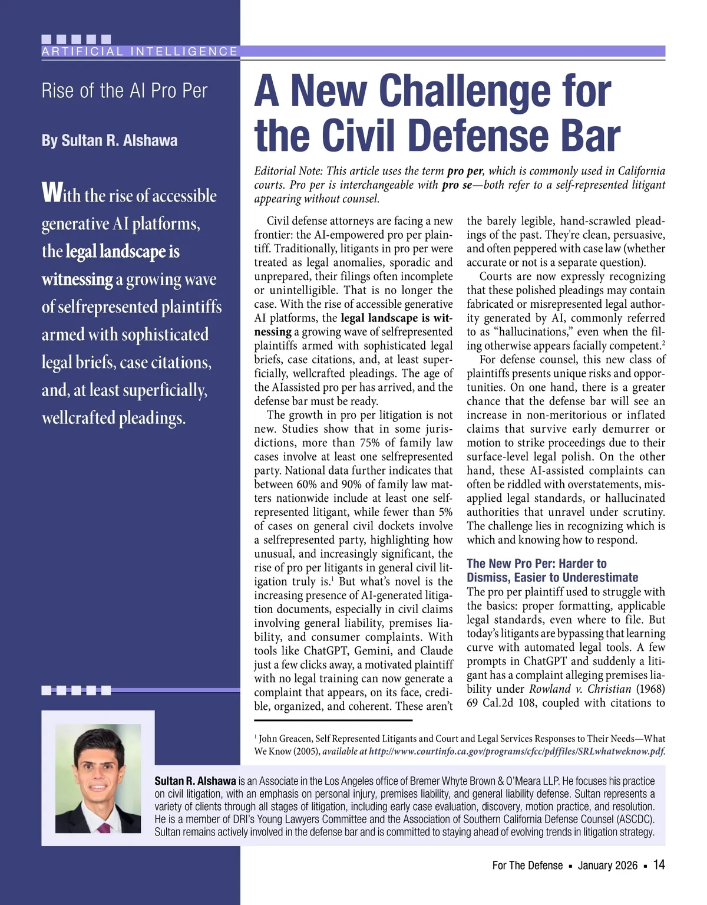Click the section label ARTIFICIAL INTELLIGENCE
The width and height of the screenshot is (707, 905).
(x=140, y=52)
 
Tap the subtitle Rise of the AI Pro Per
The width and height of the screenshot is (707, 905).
(x=124, y=91)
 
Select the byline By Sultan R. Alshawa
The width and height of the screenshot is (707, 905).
(x=110, y=141)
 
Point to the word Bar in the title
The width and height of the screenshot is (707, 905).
(x=590, y=136)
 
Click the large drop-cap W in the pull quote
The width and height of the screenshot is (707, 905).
(x=51, y=193)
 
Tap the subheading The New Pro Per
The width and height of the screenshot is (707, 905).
(x=511, y=564)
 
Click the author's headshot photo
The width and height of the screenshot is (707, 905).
(x=98, y=778)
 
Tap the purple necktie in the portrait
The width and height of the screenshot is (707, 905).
(x=104, y=827)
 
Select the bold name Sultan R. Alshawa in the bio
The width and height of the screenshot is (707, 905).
(x=195, y=781)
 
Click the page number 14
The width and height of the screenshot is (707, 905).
(x=659, y=865)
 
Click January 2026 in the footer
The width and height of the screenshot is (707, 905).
(x=607, y=865)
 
